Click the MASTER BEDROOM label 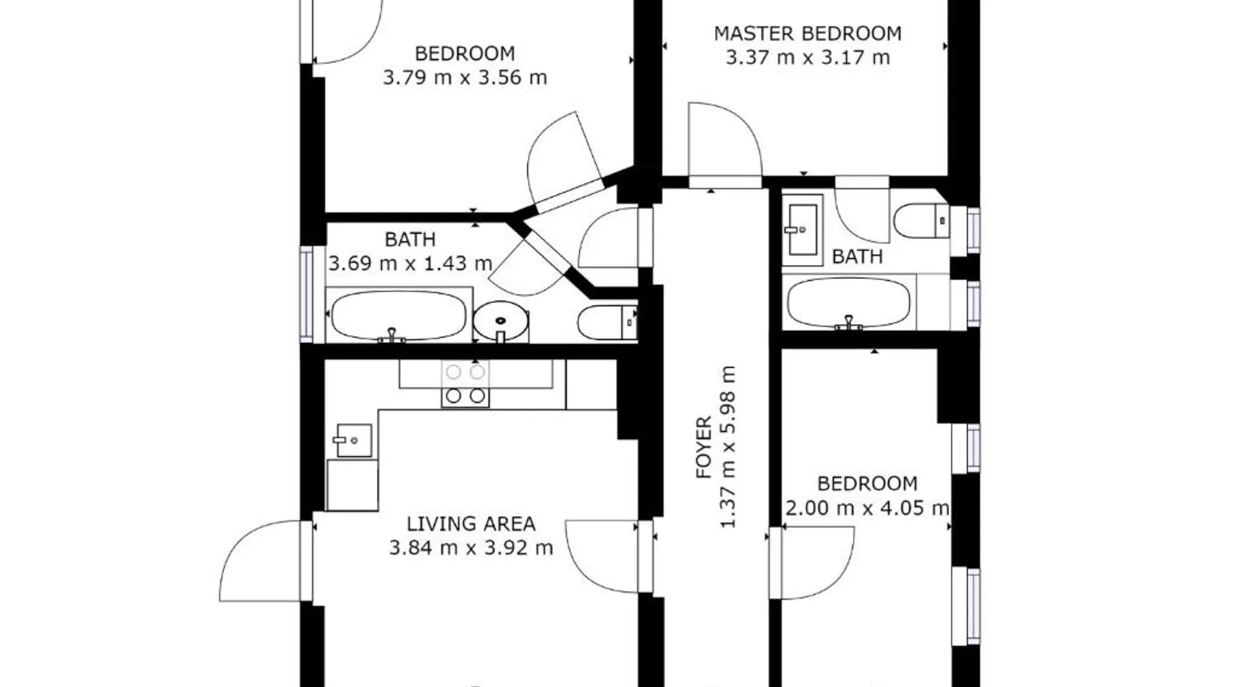coord(807,33)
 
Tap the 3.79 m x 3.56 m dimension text coord(465,77)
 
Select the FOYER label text coord(704,447)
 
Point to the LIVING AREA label coord(471,523)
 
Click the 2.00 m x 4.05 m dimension coord(867,508)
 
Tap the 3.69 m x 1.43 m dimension coord(410,263)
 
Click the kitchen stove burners coord(465,384)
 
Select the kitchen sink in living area coord(353,440)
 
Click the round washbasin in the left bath coord(501,322)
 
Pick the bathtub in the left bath coord(399,315)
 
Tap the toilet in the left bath coord(608,322)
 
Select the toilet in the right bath coord(922,221)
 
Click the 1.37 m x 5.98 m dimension coord(728,447)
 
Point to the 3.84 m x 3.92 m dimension coord(471,548)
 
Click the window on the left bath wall coord(307,293)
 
